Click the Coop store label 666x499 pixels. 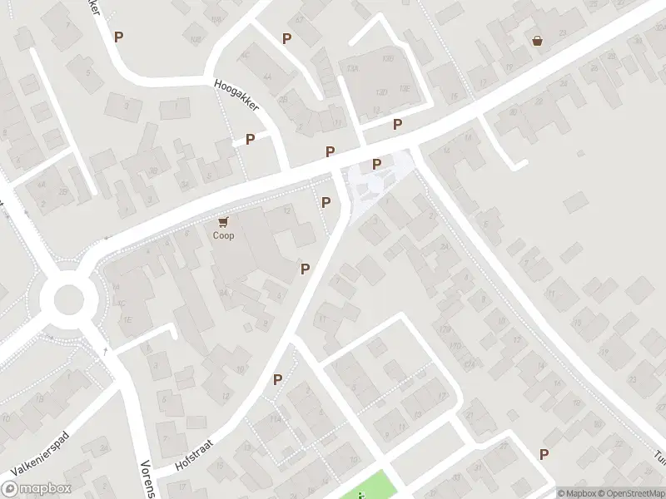(223, 235)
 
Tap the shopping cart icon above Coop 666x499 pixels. (223, 222)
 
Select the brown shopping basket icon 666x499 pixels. (538, 40)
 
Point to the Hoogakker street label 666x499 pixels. (237, 96)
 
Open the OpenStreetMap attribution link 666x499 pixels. (630, 493)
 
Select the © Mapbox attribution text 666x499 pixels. (576, 493)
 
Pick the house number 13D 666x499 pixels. (382, 91)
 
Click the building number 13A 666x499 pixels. (353, 69)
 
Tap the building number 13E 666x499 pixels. (405, 88)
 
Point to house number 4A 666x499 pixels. (267, 76)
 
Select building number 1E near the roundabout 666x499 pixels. (127, 319)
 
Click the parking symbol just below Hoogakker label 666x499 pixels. (250, 139)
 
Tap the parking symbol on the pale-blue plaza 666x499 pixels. (376, 164)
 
